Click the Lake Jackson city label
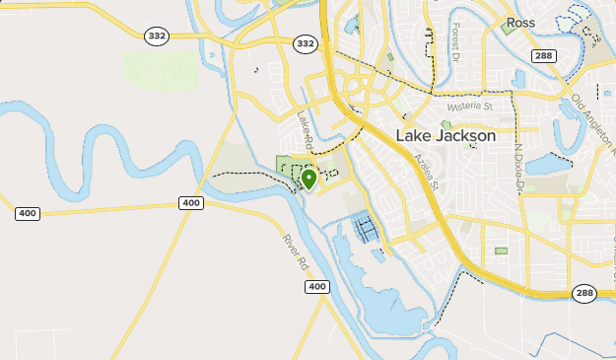point(446,136)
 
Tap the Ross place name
point(519,21)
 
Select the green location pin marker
point(308,179)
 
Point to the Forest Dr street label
point(457,41)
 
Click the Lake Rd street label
point(306,131)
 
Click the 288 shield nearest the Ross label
point(542,56)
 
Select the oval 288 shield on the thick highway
point(584,293)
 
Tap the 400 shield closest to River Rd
point(315,286)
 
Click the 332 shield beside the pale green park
point(155,36)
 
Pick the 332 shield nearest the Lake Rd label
point(306,44)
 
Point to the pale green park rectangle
point(160,68)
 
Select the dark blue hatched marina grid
point(366,229)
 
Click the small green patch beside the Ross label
point(509,27)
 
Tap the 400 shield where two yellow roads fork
point(191,202)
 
